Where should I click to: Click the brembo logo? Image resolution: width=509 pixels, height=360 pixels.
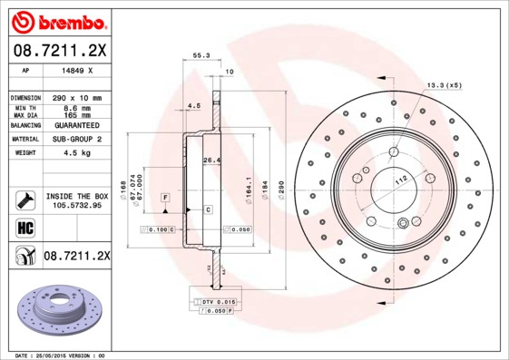pyautogui.click(x=56, y=19)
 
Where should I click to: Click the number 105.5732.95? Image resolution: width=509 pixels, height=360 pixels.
pyautogui.click(x=76, y=205)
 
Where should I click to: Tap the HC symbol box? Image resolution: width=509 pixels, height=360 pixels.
pyautogui.click(x=24, y=227)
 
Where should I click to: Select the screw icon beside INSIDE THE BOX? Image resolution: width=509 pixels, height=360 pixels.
pyautogui.click(x=24, y=199)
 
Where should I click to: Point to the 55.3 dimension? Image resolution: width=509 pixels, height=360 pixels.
pyautogui.click(x=201, y=55)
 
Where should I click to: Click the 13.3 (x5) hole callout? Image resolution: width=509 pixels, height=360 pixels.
pyautogui.click(x=444, y=85)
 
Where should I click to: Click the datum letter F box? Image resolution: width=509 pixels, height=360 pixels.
pyautogui.click(x=165, y=197)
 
